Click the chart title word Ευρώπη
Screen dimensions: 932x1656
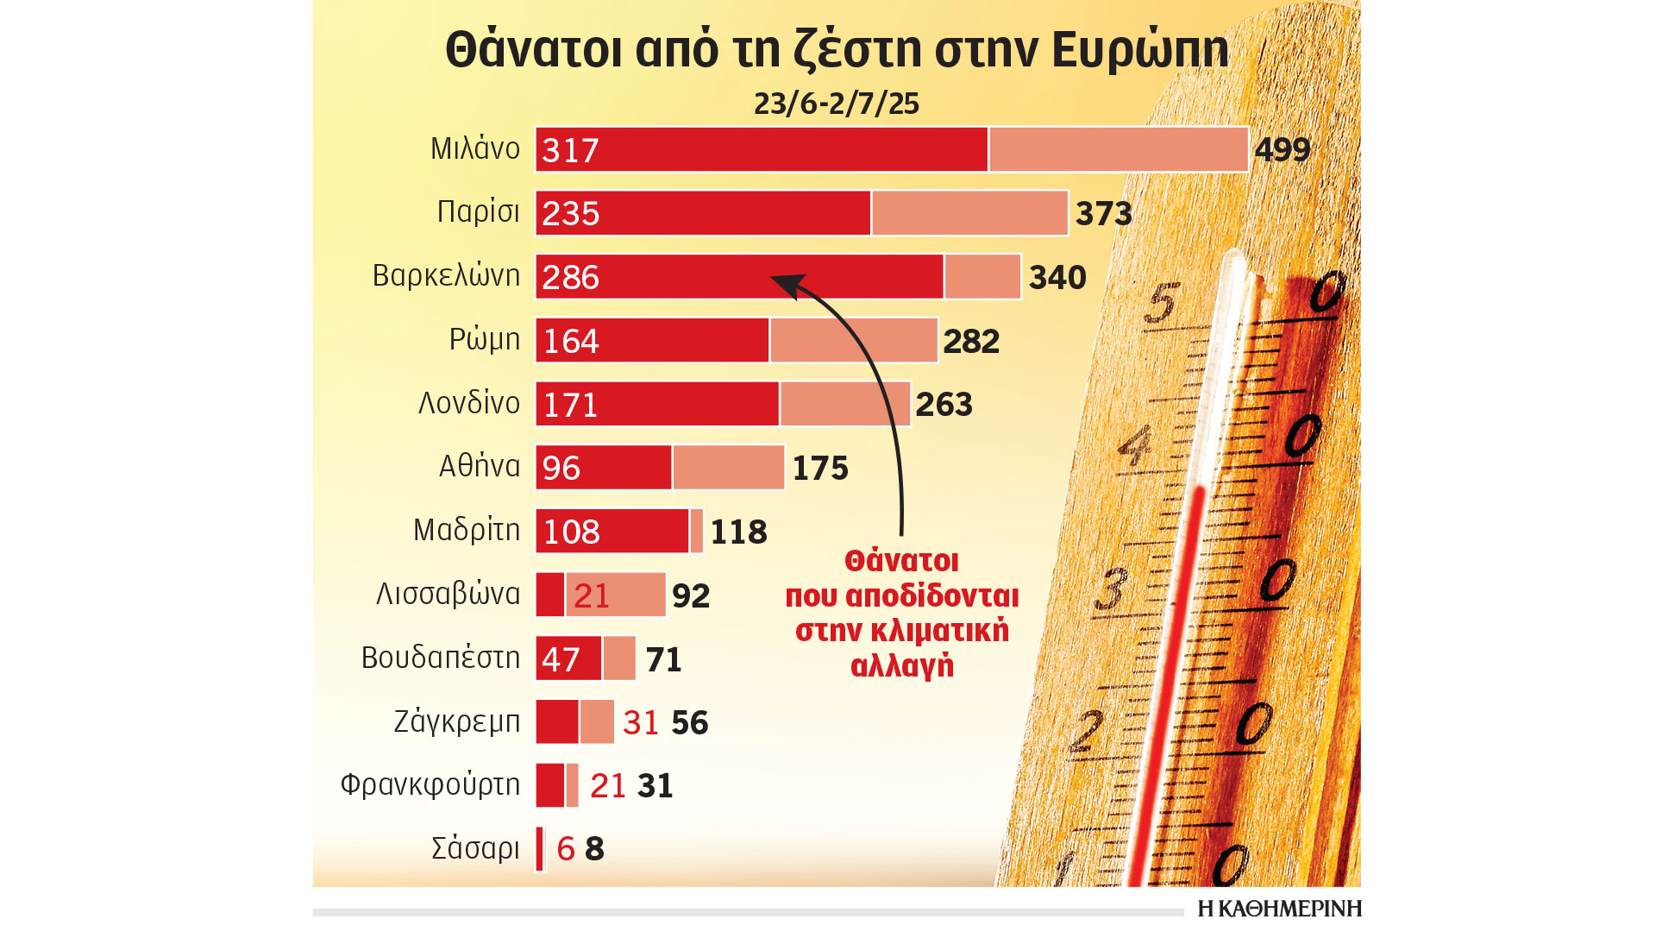[x=1140, y=50]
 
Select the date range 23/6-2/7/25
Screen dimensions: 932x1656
[x=836, y=104]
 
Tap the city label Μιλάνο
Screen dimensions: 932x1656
[x=475, y=148]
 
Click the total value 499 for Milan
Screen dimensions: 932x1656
[x=1283, y=150]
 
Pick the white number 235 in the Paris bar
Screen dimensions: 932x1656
[x=570, y=214]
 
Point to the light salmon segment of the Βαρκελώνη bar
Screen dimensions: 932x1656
[x=982, y=277]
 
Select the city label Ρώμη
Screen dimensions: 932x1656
[x=484, y=339]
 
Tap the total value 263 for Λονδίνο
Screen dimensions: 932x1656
[x=944, y=405]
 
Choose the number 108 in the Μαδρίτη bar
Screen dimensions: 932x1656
[x=571, y=532]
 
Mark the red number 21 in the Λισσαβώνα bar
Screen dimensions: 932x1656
[x=592, y=595]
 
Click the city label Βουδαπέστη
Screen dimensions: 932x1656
[x=440, y=658]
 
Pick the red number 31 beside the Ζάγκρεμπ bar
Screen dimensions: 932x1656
[x=640, y=723]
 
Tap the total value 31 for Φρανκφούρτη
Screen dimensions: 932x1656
[x=655, y=786]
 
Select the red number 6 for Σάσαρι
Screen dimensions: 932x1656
[x=566, y=849]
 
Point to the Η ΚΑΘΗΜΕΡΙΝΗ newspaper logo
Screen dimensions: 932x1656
[x=1279, y=909]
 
